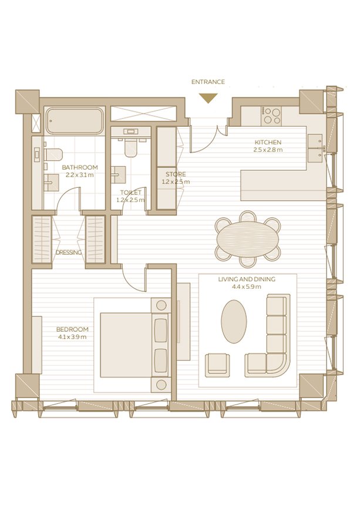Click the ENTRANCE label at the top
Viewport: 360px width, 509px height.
pos(208,82)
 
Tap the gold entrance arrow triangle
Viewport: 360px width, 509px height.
pos(208,97)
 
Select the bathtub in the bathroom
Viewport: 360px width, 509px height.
pos(75,121)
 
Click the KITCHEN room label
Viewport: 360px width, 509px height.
pos(268,142)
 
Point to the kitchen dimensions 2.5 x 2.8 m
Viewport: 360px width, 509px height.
pos(268,150)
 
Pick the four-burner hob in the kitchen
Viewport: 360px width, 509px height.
pos(272,116)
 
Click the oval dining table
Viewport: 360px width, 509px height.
pos(248,238)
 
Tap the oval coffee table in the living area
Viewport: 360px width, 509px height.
pos(234,321)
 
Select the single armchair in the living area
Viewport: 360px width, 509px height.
pos(217,365)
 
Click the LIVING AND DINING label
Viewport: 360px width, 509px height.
pos(247,279)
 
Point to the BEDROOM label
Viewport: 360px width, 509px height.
pos(72,329)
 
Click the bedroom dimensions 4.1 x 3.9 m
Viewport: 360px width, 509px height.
pos(72,337)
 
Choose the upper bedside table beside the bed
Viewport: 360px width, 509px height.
pos(161,305)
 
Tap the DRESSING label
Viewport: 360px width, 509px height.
pos(69,252)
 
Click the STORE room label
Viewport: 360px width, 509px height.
pos(176,174)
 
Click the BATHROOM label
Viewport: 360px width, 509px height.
pos(80,167)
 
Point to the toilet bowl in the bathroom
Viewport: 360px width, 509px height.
pos(53,154)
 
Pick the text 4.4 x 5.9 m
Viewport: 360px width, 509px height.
pos(247,287)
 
